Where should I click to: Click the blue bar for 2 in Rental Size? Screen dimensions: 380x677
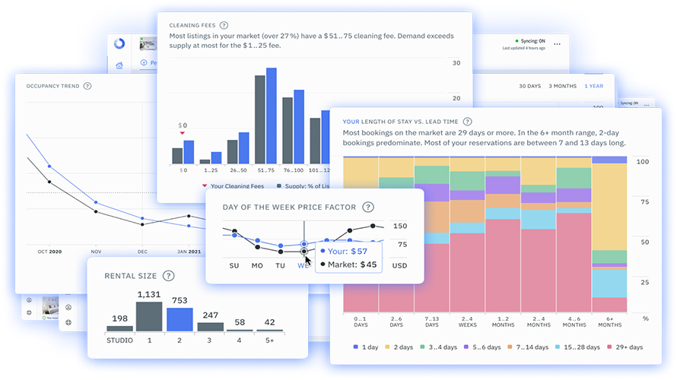179,318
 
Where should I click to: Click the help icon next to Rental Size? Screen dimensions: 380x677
168,276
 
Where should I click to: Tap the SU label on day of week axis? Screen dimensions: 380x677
234,266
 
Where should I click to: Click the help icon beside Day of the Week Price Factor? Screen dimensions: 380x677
368,207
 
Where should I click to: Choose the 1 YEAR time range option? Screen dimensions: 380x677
594,86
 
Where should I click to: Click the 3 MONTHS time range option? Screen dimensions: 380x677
562,86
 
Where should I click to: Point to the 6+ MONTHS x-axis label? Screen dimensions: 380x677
609,321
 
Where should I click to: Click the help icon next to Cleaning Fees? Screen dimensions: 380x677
224,25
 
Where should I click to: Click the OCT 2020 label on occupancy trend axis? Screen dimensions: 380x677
49,250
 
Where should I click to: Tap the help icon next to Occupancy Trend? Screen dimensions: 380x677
87,86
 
